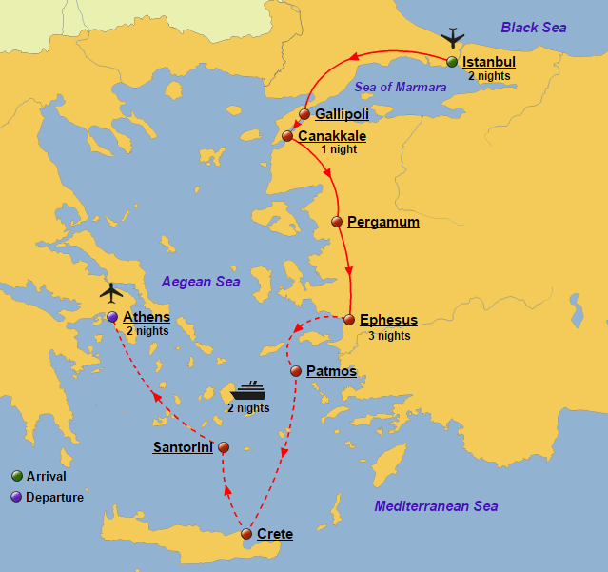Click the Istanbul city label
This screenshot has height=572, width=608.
[x=488, y=63]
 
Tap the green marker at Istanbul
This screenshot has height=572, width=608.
[x=452, y=63]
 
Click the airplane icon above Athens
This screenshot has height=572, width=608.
[x=111, y=291]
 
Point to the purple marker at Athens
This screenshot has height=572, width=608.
[x=112, y=317]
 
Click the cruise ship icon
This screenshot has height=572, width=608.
[x=248, y=391]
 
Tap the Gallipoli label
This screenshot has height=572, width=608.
[x=342, y=114]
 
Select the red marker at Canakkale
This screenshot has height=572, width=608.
[x=287, y=136]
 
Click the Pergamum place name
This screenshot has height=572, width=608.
[x=382, y=222]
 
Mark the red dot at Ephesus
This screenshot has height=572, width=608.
[x=349, y=320]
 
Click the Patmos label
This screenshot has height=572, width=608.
[x=331, y=371]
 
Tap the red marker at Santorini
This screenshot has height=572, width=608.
[x=224, y=446]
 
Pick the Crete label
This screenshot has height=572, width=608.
[x=274, y=534]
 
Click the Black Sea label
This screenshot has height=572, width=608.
[x=534, y=28]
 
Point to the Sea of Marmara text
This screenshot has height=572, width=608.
[x=401, y=87]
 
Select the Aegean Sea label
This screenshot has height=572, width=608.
[x=201, y=282]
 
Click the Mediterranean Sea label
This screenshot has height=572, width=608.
[x=436, y=506]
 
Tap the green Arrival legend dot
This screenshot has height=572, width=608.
[x=16, y=476]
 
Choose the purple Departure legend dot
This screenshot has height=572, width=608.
[x=16, y=497]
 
